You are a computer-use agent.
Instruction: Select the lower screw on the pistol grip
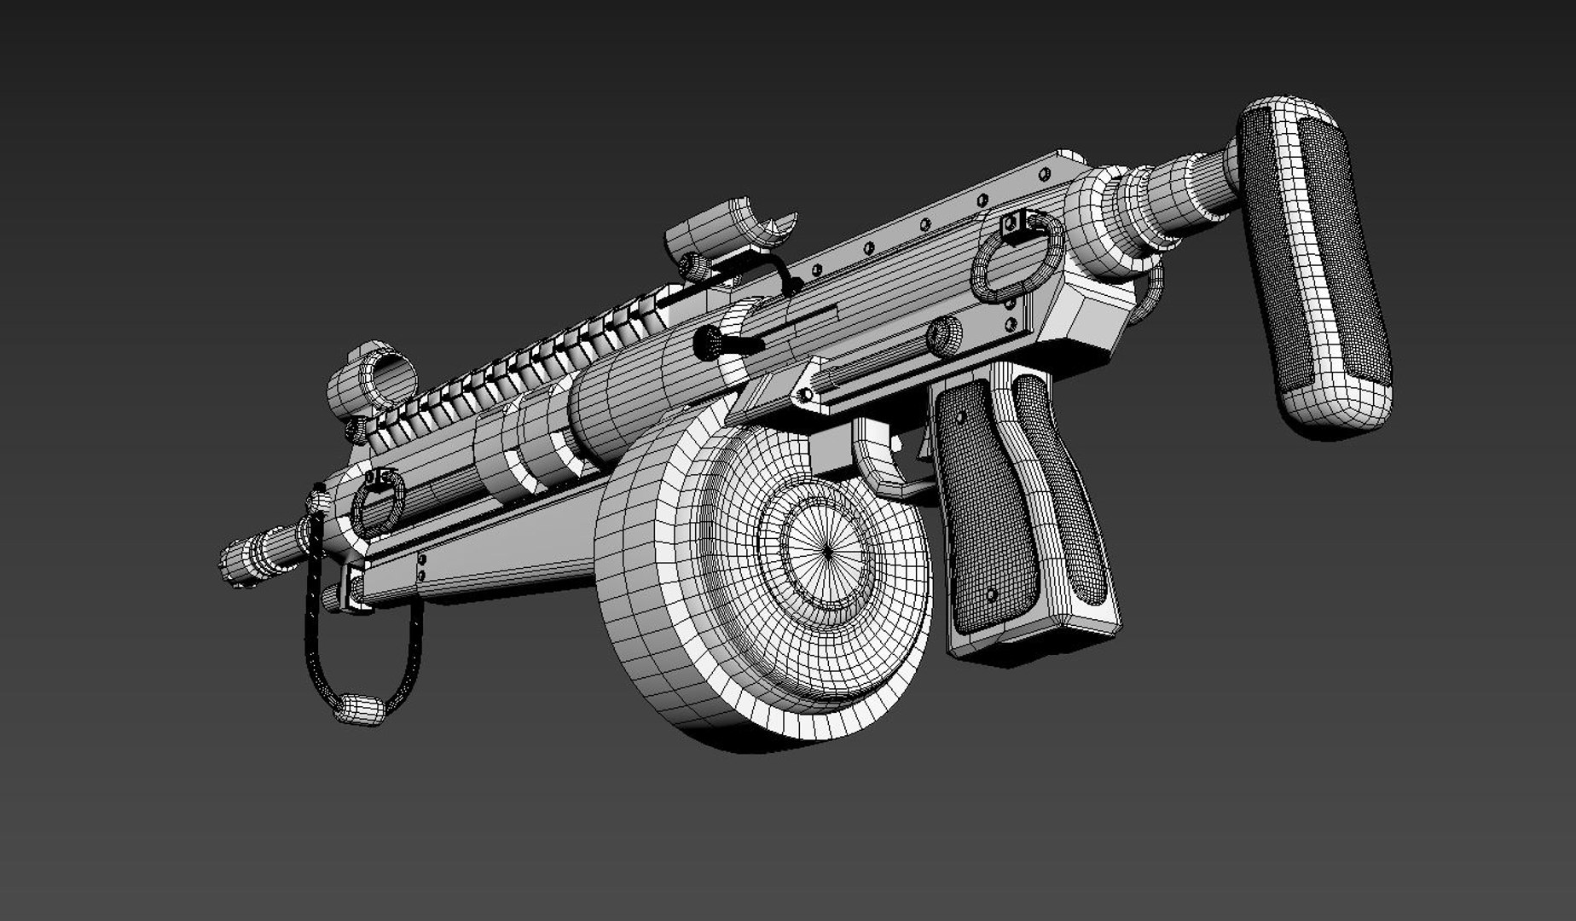[x=990, y=594]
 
